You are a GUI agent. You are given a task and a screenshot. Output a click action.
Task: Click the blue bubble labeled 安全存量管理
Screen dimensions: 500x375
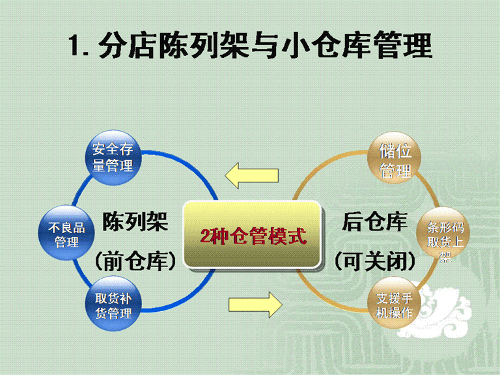[x=113, y=158]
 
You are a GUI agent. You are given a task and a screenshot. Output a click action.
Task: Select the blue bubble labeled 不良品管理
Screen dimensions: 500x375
[x=66, y=233]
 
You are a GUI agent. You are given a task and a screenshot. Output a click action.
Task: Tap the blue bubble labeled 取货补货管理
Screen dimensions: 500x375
[x=113, y=303]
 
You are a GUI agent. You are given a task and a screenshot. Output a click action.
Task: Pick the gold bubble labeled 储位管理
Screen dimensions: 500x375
[x=394, y=158]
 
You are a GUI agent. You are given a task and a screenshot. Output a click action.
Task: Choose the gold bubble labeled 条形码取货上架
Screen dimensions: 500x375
[x=443, y=234]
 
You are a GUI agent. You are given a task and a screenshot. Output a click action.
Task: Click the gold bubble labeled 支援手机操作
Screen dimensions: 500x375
[x=394, y=303]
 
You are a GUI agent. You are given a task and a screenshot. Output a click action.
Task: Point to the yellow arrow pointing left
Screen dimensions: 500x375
[x=251, y=175]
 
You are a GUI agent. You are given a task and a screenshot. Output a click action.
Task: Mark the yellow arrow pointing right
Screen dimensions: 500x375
[x=255, y=305]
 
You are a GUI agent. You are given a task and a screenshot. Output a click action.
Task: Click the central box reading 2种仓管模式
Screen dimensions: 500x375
[x=253, y=235]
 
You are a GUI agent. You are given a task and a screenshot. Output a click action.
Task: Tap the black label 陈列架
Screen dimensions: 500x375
[x=135, y=221]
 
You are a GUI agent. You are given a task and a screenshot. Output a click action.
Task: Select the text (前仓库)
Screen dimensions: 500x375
[x=135, y=261]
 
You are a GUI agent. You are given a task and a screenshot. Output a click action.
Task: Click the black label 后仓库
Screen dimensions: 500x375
[x=375, y=221]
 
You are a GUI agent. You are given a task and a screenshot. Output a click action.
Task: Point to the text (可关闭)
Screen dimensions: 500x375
[x=375, y=262]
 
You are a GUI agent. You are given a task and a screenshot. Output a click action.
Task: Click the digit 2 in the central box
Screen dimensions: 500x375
[x=205, y=236]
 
